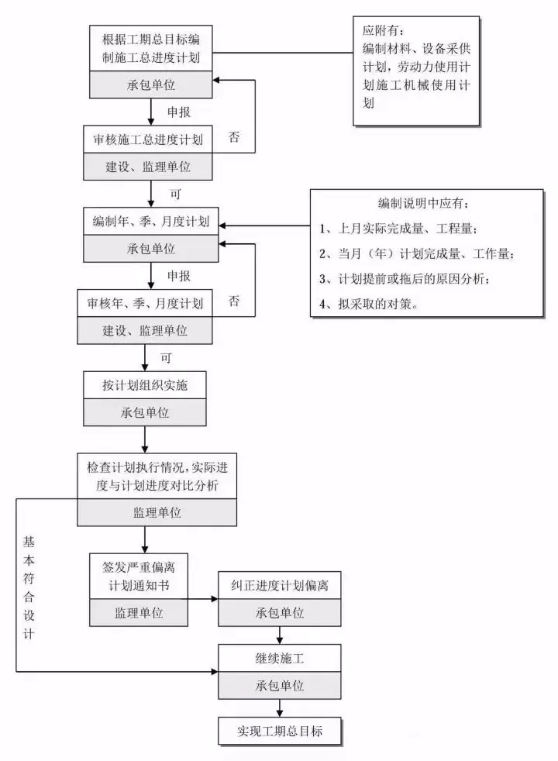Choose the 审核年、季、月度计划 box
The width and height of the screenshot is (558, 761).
point(145,303)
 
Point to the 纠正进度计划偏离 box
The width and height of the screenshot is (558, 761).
point(280,585)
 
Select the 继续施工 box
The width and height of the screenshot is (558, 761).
point(280,659)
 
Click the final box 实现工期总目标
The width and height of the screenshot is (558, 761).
point(280,730)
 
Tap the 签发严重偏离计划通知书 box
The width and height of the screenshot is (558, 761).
point(139,574)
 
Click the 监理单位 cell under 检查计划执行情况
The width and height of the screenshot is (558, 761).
point(157,512)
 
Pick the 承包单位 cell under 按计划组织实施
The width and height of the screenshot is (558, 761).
point(145,412)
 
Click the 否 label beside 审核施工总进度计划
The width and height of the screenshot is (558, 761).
point(234,137)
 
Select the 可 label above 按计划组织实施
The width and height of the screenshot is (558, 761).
point(165,358)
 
